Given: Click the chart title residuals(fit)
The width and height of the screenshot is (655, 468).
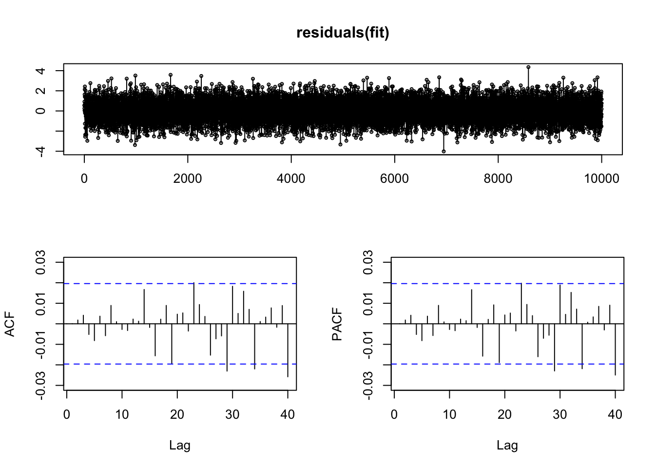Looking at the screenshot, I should (343, 33).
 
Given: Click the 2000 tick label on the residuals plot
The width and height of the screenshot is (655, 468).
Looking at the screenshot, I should (188, 179).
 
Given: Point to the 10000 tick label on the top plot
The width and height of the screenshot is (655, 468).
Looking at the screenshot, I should (601, 179).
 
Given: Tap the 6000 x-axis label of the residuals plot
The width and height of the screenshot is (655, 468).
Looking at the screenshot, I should (394, 179).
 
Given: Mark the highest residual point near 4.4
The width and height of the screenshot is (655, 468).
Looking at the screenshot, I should (528, 67).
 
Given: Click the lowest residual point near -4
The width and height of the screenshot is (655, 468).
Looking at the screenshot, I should (443, 151).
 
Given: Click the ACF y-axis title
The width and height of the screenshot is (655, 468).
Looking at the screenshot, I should (10, 324).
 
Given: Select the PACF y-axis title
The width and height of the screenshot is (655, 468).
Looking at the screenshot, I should (337, 324).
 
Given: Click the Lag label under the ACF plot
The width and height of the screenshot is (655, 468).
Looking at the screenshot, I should (180, 445).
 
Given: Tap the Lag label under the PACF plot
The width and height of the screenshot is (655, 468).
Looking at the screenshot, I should (507, 445).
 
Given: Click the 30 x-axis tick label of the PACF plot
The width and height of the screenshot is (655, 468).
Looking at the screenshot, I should (560, 415).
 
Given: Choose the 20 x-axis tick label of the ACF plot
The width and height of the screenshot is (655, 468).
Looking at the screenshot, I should (177, 415).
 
